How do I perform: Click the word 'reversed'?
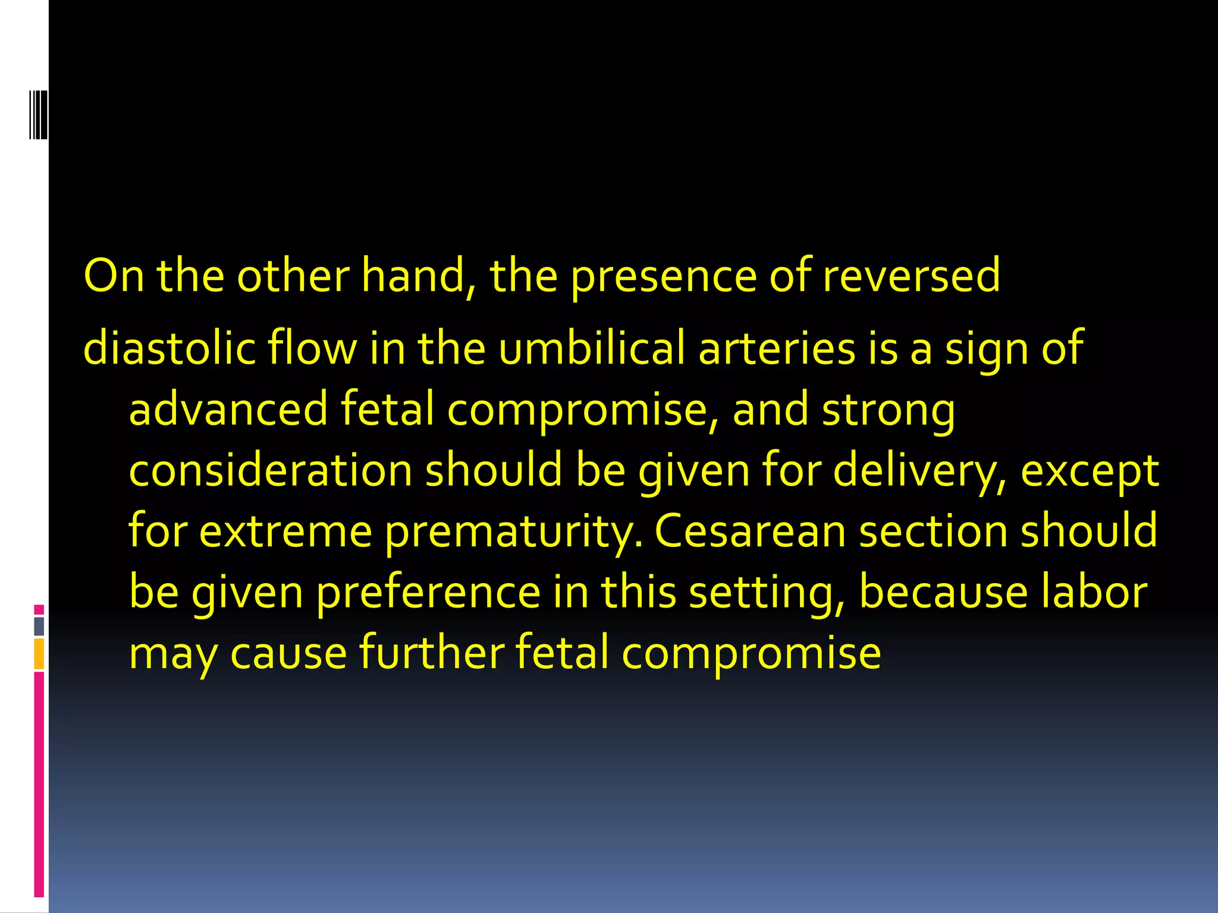point(911,276)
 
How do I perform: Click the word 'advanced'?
point(228,410)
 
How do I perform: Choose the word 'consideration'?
point(271,470)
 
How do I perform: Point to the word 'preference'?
point(428,593)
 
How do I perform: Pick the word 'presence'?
point(664,277)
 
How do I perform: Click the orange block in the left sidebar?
point(39,654)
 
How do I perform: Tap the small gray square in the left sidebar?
point(39,626)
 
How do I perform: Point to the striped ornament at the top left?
point(38,114)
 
